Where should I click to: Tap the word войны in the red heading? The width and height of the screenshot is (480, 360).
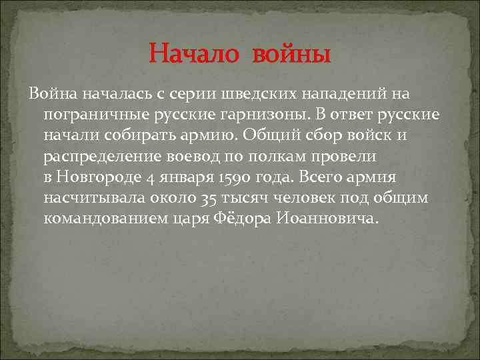tap(291, 53)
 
